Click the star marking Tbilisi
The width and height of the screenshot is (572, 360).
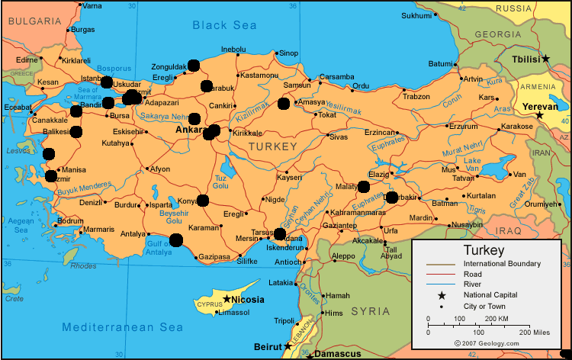coord(545,59)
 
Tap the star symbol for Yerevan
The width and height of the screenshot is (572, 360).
coord(539,115)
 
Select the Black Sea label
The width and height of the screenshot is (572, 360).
coord(224,25)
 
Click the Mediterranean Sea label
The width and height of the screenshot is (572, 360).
coord(123,326)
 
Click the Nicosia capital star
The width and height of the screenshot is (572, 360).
coord(227,299)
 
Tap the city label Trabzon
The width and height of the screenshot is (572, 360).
coord(416,97)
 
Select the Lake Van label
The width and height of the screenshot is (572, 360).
coord(473,164)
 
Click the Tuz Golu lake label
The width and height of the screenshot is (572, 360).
coord(220,181)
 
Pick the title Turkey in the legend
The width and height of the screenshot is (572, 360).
coord(484,250)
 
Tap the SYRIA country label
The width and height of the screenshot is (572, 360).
coord(370,311)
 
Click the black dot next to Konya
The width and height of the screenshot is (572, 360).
coord(203,201)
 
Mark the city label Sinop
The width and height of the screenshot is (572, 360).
coord(288,53)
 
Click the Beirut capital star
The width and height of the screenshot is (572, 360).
coord(288,346)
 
